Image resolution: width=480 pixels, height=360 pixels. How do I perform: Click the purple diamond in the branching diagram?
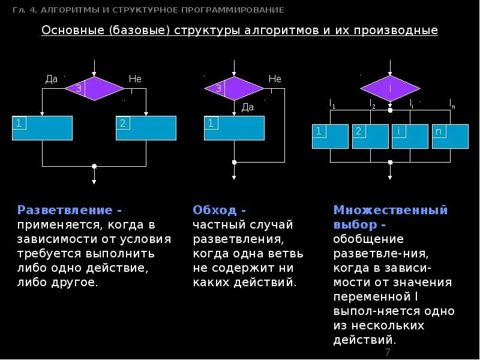coord(94,88)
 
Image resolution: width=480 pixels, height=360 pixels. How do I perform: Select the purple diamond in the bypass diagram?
coord(234,88)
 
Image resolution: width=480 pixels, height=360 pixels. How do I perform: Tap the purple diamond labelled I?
coord(390,88)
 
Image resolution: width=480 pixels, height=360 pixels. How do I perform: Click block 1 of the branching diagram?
coord(42,128)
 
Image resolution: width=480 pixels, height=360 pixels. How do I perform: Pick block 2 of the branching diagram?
coord(146,128)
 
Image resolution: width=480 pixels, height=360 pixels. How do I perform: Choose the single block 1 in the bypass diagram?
coord(234,128)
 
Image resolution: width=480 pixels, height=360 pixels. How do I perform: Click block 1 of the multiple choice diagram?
coord(330,136)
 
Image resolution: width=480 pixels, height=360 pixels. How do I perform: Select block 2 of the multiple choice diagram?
coord(370,136)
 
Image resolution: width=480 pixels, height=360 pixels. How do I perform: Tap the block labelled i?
coord(410,136)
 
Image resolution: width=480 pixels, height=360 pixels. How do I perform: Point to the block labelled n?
coord(450,136)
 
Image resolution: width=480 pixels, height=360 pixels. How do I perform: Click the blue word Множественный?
coord(391,210)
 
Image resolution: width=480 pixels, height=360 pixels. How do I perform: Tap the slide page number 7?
coord(388,352)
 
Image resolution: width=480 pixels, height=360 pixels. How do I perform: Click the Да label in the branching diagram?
coord(52,79)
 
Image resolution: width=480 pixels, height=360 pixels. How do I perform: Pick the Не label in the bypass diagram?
coord(275,79)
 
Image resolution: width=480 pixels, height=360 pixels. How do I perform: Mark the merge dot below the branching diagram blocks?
coord(94,166)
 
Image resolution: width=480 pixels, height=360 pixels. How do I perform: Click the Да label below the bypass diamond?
coord(248,107)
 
